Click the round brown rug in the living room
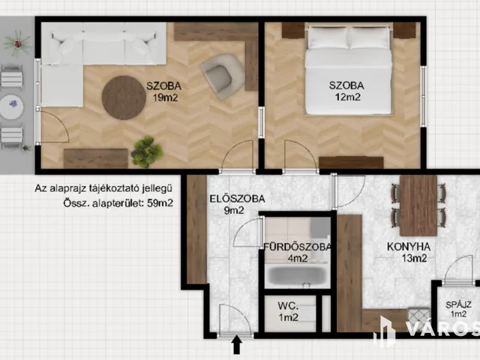[x=124, y=97]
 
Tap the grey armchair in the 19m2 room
[x=221, y=75]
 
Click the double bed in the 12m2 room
[x=349, y=71]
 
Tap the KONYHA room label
[x=408, y=246]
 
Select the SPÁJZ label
[x=458, y=304]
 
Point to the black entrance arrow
[x=237, y=345]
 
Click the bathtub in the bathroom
[x=298, y=275]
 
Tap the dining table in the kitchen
[x=418, y=204]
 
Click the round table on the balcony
[x=13, y=104]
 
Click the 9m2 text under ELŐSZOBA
[x=234, y=211]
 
